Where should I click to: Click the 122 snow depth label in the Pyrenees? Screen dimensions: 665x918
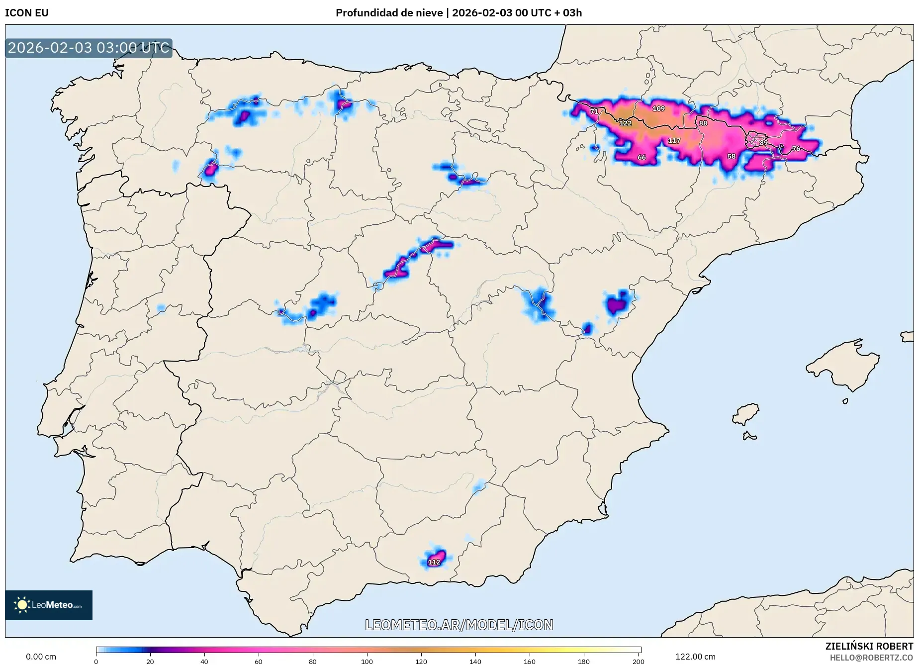point(625,123)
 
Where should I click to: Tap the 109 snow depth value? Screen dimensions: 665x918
point(658,108)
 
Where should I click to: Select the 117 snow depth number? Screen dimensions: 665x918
point(674,141)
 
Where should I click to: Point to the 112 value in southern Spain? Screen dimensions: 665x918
point(434,562)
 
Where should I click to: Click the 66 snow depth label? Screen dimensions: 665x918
point(642,157)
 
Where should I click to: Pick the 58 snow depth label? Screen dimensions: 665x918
point(731,156)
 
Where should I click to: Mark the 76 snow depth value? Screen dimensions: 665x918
point(796,148)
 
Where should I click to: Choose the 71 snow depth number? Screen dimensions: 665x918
point(594,111)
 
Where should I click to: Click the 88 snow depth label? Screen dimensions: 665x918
point(703,123)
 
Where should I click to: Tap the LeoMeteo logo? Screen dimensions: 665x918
point(49,605)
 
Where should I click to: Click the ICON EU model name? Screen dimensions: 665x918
point(27,13)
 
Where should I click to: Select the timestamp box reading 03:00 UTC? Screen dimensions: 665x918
point(89,48)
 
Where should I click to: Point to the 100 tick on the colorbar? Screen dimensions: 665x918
point(367,661)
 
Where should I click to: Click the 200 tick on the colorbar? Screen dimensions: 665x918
point(638,661)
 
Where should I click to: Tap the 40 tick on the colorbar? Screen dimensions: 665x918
point(204,661)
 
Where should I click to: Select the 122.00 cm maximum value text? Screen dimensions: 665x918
point(695,657)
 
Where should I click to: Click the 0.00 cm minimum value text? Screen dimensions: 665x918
point(41,657)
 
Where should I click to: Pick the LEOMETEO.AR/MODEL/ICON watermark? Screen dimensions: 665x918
point(459,625)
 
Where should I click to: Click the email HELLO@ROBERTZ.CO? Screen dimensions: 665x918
point(871,658)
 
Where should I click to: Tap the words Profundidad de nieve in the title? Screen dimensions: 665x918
point(389,13)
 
